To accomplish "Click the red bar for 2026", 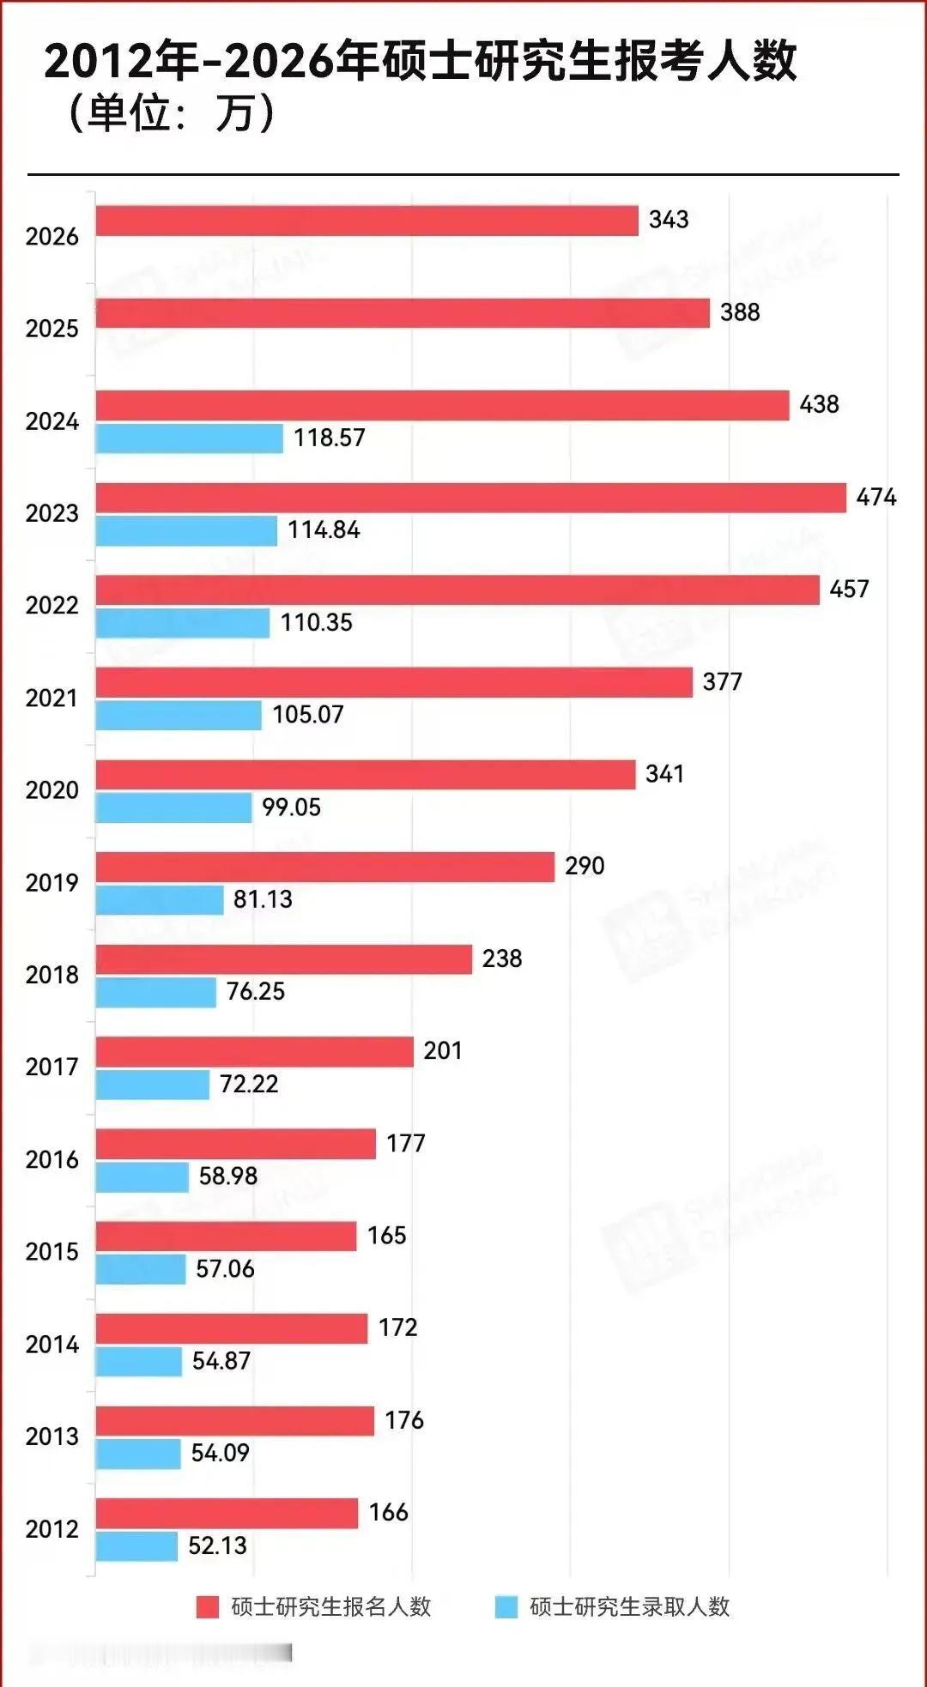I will point(367,221).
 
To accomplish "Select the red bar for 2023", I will point(470,498).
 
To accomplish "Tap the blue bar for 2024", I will point(189,438).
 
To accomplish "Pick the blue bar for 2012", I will point(136,1546).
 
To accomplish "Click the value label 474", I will point(875,497).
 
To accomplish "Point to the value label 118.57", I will point(329,438).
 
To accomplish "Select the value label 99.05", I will point(291,807).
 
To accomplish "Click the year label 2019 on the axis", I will point(51,883).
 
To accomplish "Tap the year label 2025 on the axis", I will point(51,329).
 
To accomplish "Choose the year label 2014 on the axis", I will point(51,1345).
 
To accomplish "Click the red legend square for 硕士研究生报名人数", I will point(208,1607).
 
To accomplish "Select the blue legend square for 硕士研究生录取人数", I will point(506,1607).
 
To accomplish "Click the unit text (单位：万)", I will point(172,112).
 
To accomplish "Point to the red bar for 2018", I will point(283,959).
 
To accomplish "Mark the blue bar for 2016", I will point(142,1177).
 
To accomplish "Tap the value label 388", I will point(739,312).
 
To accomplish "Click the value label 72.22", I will point(249,1085).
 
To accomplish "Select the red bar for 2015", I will point(226,1237).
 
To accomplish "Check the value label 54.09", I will point(220,1454).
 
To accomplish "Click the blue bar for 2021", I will point(179,716).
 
